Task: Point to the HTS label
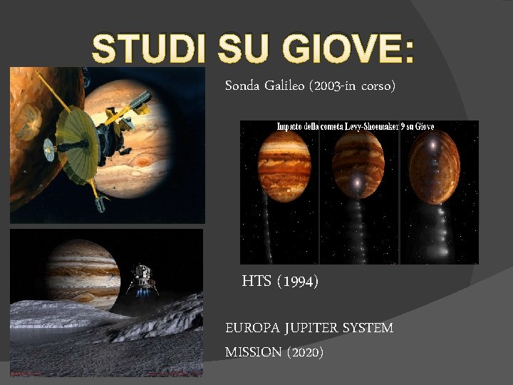click(256, 282)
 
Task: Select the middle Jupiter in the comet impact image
click(358, 160)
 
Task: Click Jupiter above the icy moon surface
click(83, 271)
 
